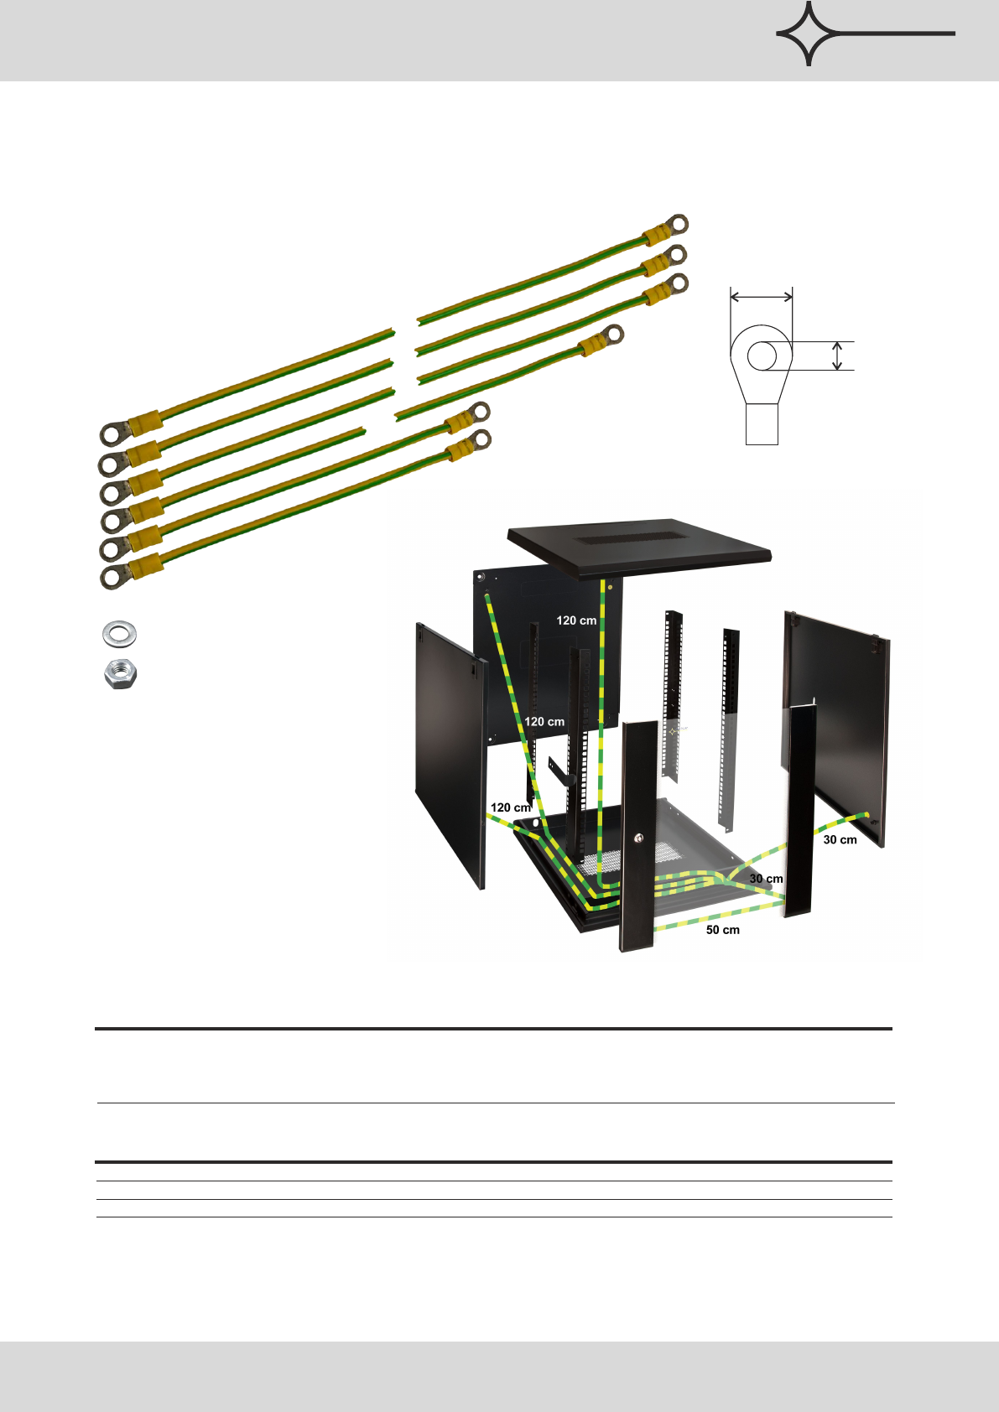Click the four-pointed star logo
(x=809, y=34)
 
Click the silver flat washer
(x=119, y=634)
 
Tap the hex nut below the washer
(x=121, y=674)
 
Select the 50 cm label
(x=723, y=930)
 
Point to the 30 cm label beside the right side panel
(x=840, y=839)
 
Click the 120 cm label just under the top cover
(x=576, y=620)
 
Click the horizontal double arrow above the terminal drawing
(x=762, y=296)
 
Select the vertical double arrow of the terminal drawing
(x=837, y=356)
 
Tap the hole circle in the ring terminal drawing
(x=762, y=356)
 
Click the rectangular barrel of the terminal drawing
(x=762, y=424)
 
